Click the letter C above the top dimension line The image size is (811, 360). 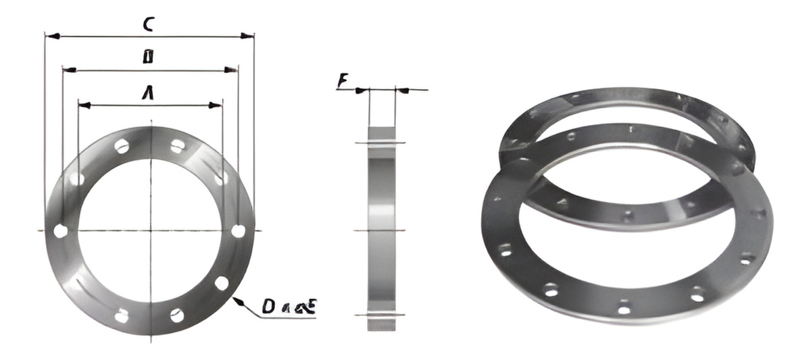[x=148, y=24]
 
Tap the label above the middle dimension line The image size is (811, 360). [x=147, y=57]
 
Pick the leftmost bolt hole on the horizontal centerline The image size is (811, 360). [x=60, y=231]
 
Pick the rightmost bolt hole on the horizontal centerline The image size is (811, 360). [x=238, y=231]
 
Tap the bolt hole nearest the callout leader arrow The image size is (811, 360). [x=222, y=283]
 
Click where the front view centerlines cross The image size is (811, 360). [x=150, y=231]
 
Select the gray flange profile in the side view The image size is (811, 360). [x=382, y=230]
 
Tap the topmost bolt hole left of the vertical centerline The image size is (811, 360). [x=122, y=146]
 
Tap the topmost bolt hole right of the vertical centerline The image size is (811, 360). [x=177, y=146]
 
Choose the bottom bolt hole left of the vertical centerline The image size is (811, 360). [x=122, y=315]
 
